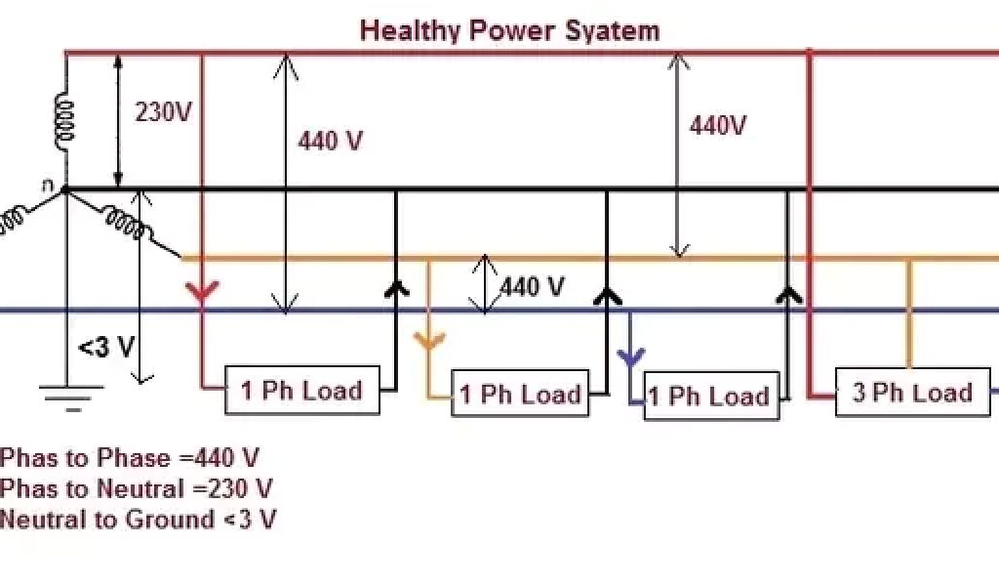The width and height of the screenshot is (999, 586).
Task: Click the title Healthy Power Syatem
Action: click(x=509, y=30)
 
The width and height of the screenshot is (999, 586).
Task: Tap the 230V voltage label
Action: click(x=164, y=112)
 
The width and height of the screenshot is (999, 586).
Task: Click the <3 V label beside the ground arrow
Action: click(x=106, y=348)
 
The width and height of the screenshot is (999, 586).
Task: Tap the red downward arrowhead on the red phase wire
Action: click(x=202, y=291)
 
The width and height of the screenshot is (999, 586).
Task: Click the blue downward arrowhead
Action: click(x=631, y=356)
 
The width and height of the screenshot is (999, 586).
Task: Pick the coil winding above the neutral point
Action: click(x=64, y=123)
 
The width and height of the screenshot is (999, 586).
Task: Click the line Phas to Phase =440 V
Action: click(x=130, y=457)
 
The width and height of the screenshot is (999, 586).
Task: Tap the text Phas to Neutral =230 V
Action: click(x=137, y=487)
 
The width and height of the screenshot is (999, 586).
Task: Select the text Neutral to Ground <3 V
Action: click(x=138, y=519)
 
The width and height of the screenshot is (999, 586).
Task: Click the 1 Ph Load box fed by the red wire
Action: click(x=301, y=391)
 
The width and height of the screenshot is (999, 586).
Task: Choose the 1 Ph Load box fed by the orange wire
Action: click(x=520, y=394)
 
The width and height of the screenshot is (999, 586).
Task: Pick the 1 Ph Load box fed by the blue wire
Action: click(x=710, y=396)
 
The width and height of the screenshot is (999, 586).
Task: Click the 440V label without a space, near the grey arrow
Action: click(x=718, y=126)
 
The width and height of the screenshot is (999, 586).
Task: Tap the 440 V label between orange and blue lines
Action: click(x=533, y=286)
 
